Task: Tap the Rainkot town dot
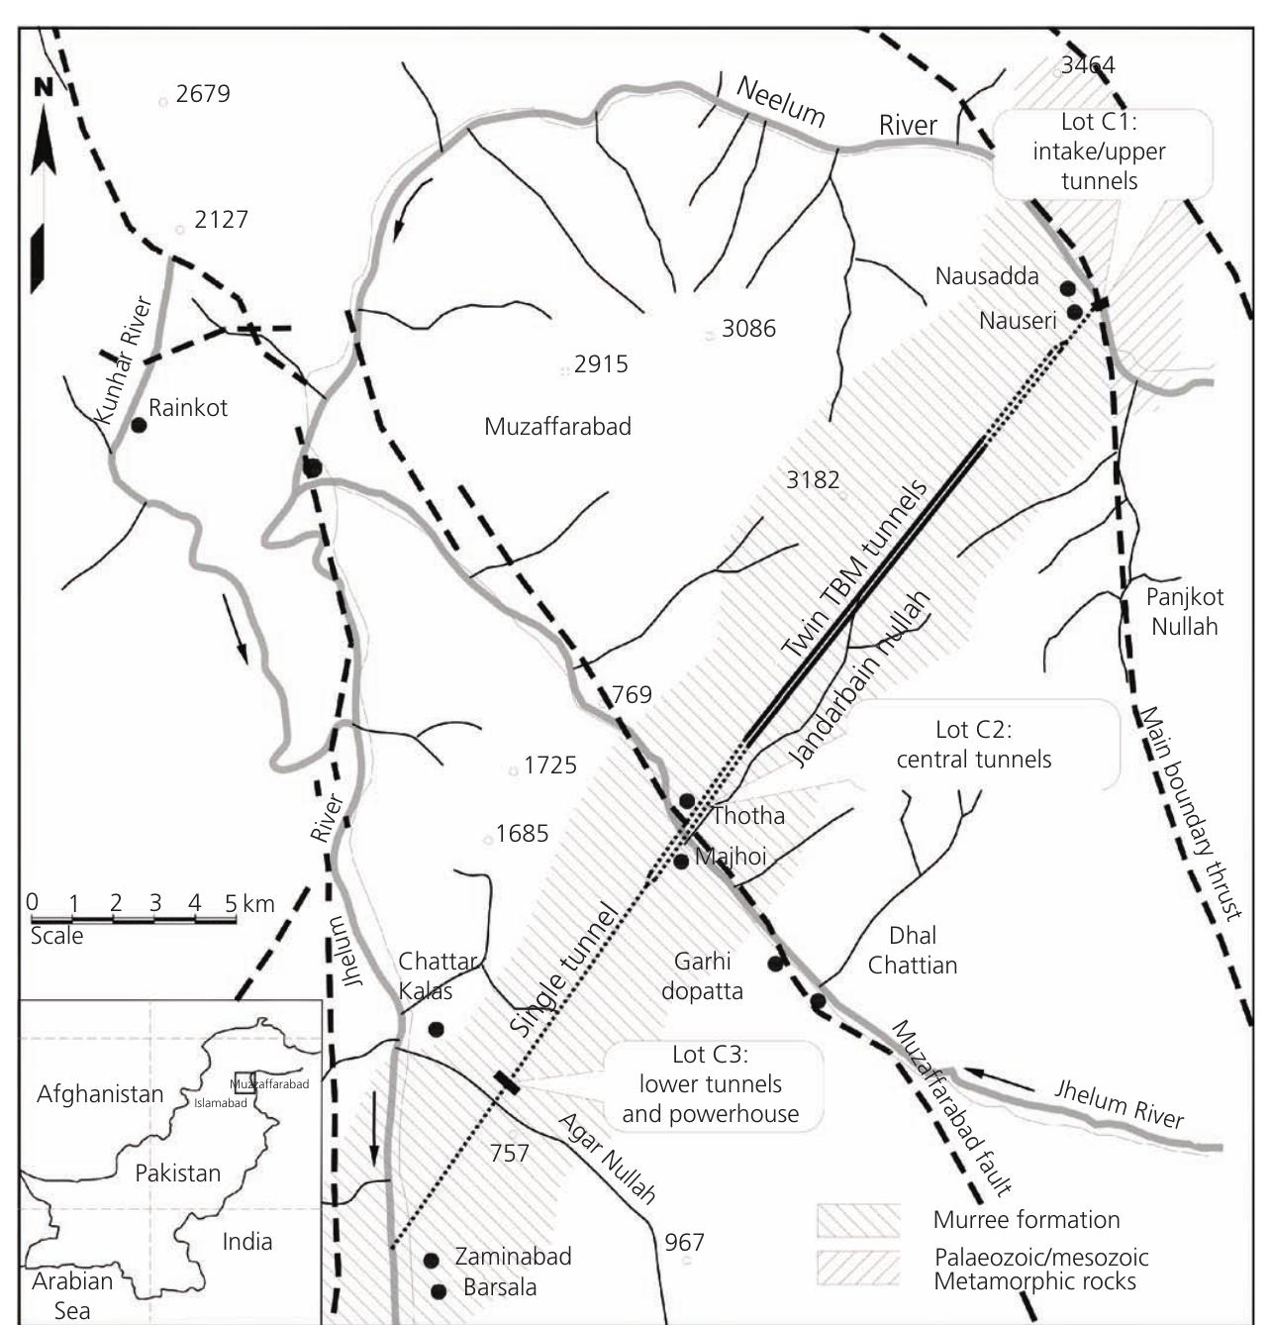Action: [x=140, y=425]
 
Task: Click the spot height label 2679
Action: [x=203, y=94]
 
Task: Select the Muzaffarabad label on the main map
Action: [x=557, y=427]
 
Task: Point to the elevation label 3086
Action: [x=748, y=329]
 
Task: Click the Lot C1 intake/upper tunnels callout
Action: [x=1099, y=152]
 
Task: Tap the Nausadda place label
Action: [x=987, y=276]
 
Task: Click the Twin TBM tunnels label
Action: [x=855, y=570]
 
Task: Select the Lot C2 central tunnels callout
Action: [x=974, y=745]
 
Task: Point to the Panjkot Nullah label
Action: [x=1184, y=611]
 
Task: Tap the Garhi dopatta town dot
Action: [x=775, y=963]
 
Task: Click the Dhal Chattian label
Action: [x=912, y=950]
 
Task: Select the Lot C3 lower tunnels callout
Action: [x=710, y=1084]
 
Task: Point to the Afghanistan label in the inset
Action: [x=100, y=1094]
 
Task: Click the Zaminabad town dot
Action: [x=431, y=1261]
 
